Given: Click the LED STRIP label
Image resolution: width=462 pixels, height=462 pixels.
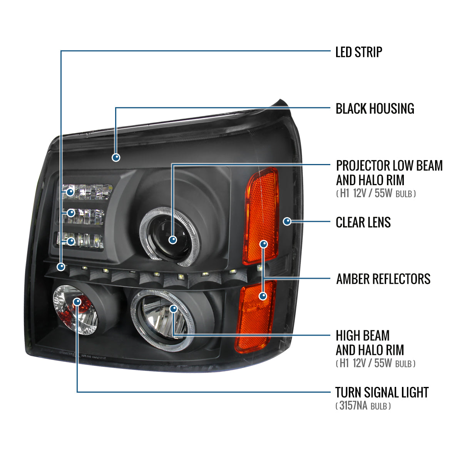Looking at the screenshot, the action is pyautogui.click(x=358, y=52).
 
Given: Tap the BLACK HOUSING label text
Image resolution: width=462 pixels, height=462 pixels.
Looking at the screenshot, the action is pyautogui.click(x=375, y=109).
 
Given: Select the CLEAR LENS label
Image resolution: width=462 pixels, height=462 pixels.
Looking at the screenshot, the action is pyautogui.click(x=363, y=222).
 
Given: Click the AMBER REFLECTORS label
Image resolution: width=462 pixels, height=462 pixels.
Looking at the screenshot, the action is pyautogui.click(x=383, y=279).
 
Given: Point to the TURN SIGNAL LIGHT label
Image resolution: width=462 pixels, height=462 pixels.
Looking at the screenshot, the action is pyautogui.click(x=382, y=392).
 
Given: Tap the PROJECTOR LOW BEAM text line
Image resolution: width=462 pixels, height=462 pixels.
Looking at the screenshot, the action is pyautogui.click(x=389, y=166).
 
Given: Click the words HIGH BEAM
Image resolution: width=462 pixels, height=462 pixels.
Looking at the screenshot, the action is pyautogui.click(x=363, y=336).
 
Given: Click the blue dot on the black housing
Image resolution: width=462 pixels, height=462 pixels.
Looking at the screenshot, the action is pyautogui.click(x=116, y=157).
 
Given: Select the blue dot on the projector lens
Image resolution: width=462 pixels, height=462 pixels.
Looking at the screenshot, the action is pyautogui.click(x=172, y=240).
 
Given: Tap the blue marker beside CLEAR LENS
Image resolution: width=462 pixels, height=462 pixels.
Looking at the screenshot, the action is pyautogui.click(x=287, y=221).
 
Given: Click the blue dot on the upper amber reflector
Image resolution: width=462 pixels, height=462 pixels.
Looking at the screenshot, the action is pyautogui.click(x=264, y=244).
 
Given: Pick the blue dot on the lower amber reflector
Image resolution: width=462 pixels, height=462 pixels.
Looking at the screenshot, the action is pyautogui.click(x=263, y=296).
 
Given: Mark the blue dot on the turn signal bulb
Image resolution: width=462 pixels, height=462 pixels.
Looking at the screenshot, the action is pyautogui.click(x=77, y=301).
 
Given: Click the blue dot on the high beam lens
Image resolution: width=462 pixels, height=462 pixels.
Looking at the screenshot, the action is pyautogui.click(x=173, y=309).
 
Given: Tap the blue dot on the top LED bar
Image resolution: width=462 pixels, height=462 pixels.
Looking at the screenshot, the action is pyautogui.click(x=70, y=192).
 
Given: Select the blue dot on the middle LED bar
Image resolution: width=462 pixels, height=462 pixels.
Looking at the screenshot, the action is pyautogui.click(x=71, y=213).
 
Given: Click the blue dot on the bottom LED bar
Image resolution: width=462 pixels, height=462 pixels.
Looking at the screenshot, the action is pyautogui.click(x=71, y=241).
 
